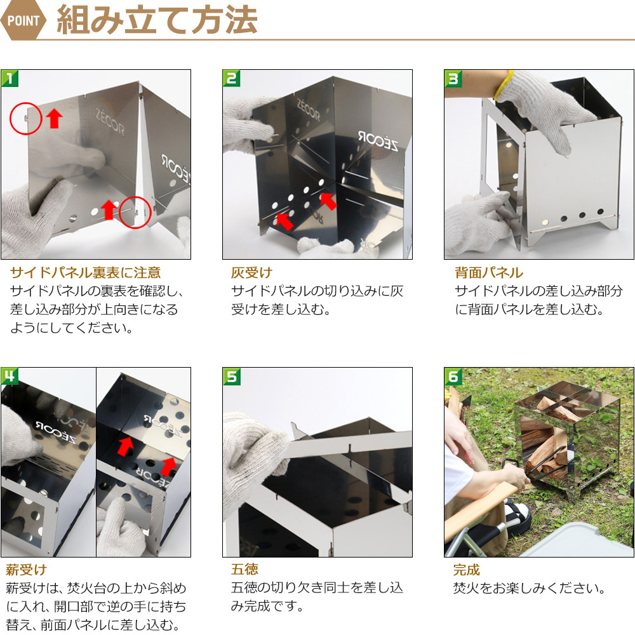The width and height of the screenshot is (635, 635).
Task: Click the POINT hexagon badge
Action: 23,20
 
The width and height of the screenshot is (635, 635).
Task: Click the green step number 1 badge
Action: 10,78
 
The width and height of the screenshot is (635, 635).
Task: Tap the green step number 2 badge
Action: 231,78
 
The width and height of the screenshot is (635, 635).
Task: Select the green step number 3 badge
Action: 453,78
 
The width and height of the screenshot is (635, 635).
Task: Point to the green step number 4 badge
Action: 10,376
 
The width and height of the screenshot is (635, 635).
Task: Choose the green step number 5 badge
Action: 231,376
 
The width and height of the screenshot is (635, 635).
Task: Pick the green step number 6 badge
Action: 453,376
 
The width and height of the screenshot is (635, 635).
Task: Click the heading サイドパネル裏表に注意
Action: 86,272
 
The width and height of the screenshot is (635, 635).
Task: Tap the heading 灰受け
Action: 251,272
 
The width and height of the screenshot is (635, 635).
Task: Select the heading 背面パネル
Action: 489,272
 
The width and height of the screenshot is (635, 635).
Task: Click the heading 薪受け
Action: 26,570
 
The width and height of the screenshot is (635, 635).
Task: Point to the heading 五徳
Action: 244,570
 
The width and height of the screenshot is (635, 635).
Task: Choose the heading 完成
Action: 467,570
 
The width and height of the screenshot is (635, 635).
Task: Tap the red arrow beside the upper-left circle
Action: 54,119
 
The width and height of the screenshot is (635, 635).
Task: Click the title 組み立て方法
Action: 157,20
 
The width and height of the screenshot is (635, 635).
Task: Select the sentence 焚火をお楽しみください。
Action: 529,588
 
